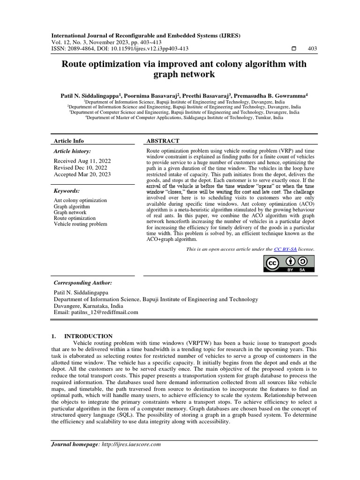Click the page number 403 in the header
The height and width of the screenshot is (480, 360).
(x=312, y=49)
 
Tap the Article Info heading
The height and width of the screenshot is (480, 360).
(x=69, y=141)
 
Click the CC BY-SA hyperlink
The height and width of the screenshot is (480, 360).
(x=285, y=249)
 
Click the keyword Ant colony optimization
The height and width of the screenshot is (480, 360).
(x=80, y=201)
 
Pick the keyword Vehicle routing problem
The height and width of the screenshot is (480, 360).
(x=80, y=224)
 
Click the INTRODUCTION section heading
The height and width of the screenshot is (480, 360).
(x=88, y=336)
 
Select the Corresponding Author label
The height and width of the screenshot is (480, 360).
(x=82, y=283)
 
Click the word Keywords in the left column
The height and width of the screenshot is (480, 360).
(x=67, y=191)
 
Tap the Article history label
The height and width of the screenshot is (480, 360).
(x=72, y=151)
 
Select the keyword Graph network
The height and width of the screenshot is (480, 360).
(x=70, y=212)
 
